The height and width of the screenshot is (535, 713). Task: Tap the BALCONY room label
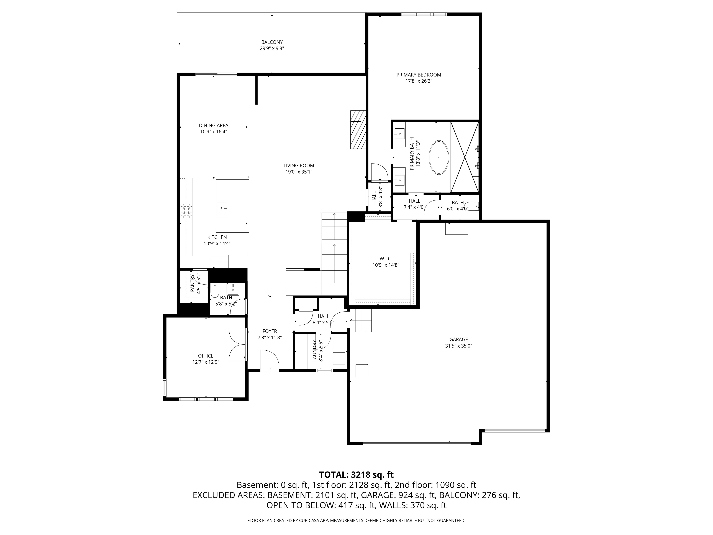(272, 42)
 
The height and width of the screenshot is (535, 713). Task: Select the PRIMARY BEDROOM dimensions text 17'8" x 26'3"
(419, 81)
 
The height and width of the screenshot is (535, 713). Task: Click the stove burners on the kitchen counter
(186, 211)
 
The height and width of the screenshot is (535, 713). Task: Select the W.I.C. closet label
(386, 259)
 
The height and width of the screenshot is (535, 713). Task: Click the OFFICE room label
(206, 356)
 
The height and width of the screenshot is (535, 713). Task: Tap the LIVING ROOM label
(299, 166)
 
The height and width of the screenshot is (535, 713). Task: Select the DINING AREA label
(213, 125)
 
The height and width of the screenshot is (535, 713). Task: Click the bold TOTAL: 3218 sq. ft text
(356, 475)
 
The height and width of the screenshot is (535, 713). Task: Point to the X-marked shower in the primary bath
(465, 157)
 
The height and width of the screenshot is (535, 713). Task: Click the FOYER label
(270, 331)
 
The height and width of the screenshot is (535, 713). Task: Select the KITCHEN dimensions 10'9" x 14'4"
(217, 244)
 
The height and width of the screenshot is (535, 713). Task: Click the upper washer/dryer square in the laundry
(339, 343)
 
